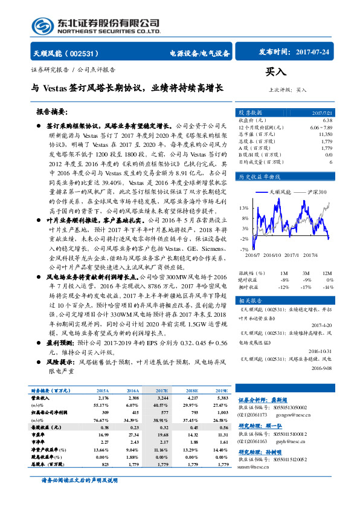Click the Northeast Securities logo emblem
(x=43, y=25)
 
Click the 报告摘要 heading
(x=51, y=112)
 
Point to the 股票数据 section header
(x=249, y=112)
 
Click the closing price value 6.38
(x=327, y=120)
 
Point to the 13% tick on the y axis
(x=244, y=207)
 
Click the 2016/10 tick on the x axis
(x=272, y=254)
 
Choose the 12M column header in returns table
(x=327, y=273)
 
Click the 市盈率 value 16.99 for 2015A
(x=102, y=434)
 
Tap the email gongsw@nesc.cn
(x=293, y=415)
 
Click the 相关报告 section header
(x=249, y=300)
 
